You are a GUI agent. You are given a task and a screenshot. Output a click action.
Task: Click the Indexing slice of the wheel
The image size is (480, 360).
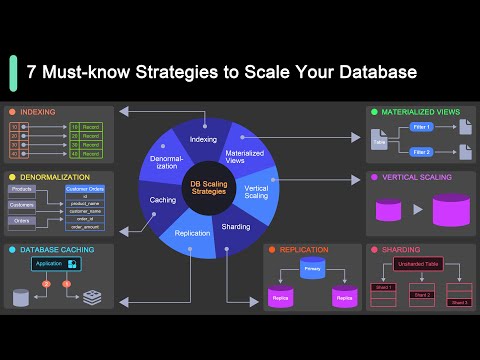point(202,139)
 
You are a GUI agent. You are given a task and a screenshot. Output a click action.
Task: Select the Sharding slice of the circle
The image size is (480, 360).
point(236,227)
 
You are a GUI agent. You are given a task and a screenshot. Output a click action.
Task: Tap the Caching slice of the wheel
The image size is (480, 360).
point(163,200)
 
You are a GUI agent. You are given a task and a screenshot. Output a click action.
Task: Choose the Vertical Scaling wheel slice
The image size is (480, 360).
point(255,192)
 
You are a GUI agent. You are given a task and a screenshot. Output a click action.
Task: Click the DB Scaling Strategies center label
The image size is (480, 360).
point(210,186)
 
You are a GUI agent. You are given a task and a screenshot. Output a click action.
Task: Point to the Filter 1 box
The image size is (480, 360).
point(420,127)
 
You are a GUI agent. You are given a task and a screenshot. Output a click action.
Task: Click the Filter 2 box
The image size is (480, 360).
point(420,152)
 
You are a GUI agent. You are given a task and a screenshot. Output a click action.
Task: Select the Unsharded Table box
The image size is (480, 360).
point(418,265)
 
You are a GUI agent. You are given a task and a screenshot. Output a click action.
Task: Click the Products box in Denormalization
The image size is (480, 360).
point(22,188)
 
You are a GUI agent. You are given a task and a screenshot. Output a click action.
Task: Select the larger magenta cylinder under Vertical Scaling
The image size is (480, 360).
point(450,211)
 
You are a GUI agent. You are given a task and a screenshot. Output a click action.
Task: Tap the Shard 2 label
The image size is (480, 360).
point(421,295)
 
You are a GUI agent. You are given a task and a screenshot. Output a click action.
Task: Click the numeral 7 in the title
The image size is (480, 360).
point(32,72)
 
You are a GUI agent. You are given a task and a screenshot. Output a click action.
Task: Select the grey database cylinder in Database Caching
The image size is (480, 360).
point(22,297)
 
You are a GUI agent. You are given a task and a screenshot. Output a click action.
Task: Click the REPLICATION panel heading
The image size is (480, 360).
point(304,249)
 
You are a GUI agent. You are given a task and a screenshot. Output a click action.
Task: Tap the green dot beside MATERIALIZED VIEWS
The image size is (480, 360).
point(372,112)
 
